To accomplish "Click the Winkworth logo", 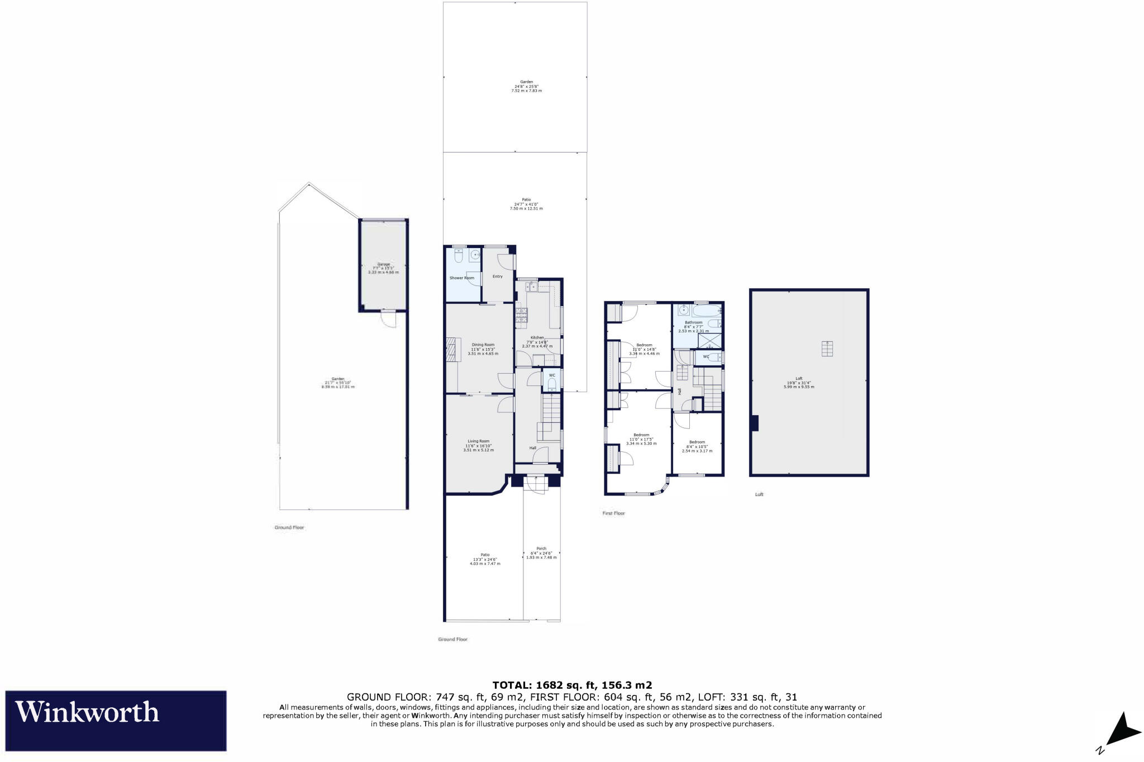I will coord(116,720).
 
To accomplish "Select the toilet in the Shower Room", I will coord(459,256).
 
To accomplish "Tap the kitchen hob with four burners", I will coord(521,316).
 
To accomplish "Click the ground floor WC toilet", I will coord(552,383).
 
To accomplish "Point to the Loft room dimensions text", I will coord(799,385).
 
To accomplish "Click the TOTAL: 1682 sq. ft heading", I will coord(572,685).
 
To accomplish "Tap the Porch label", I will coord(541,549).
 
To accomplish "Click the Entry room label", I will coord(497,276).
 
